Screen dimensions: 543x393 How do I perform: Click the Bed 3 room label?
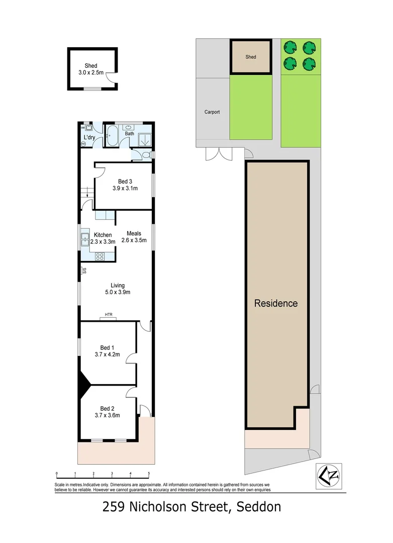(125, 182)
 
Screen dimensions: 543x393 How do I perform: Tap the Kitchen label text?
(103, 235)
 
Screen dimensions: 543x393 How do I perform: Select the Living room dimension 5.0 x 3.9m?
(118, 292)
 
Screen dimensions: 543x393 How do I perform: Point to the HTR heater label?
(109, 315)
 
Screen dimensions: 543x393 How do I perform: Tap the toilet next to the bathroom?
(146, 155)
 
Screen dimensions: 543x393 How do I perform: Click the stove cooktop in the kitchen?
(100, 256)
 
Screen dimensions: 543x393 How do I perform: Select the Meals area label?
(134, 233)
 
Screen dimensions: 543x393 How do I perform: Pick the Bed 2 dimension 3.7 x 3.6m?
(107, 415)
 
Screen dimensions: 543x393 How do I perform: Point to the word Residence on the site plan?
(276, 303)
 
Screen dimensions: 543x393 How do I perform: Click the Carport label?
(212, 112)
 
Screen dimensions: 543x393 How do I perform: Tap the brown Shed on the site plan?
(251, 57)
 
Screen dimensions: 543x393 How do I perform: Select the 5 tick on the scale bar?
(149, 473)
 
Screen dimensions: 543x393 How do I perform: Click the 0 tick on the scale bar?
(57, 473)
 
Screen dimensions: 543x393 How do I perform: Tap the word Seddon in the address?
(255, 507)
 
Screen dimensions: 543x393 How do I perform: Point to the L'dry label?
(89, 138)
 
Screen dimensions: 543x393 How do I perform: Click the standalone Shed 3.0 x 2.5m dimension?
(91, 73)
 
